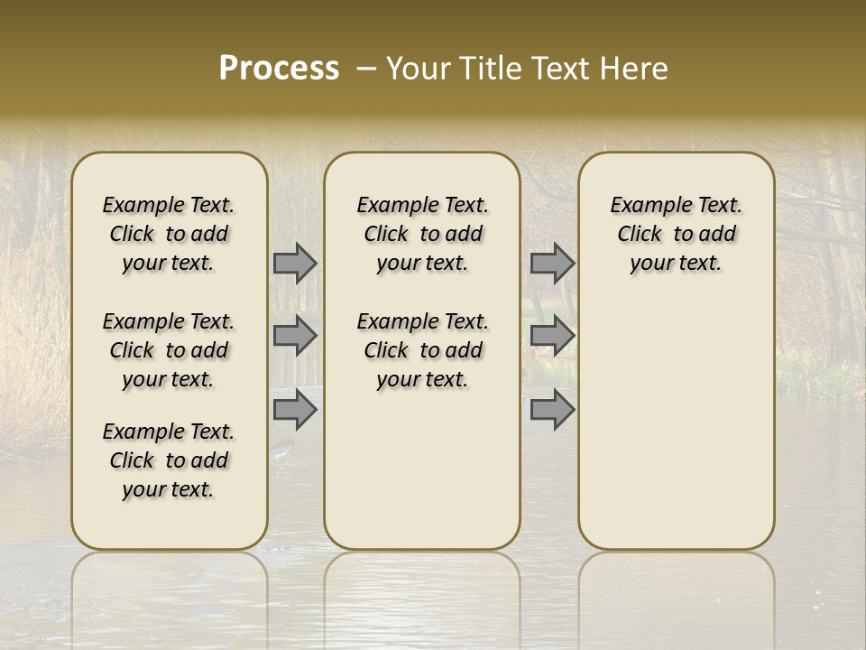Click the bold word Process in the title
(279, 69)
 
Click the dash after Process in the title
(366, 70)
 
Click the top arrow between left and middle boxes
(295, 264)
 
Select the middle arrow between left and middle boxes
(295, 336)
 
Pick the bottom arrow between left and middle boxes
(295, 410)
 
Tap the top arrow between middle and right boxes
(552, 264)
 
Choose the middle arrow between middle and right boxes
(552, 336)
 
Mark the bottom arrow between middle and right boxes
(552, 410)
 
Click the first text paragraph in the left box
(169, 234)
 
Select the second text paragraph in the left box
(169, 350)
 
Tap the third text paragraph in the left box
(169, 460)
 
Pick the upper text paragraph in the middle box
(422, 234)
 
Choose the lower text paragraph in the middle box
(422, 350)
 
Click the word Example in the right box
(643, 206)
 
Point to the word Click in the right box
(640, 235)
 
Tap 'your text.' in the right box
(676, 264)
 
